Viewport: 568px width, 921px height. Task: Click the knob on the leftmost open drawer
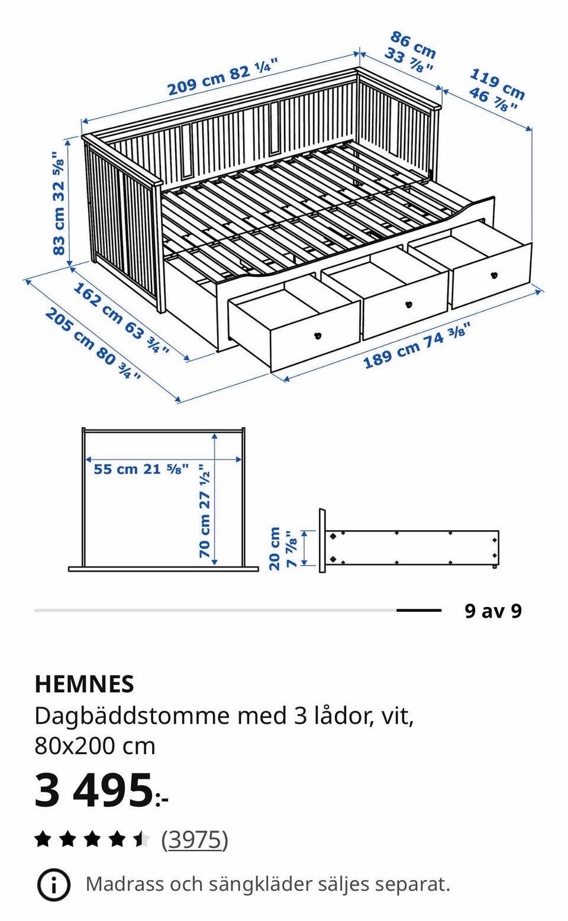tap(318, 336)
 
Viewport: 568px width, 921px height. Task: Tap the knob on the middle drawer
tap(408, 304)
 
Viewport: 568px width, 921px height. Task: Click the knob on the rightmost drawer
tap(494, 275)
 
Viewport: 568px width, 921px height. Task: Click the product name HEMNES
tap(84, 684)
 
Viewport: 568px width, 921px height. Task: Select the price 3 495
tap(93, 790)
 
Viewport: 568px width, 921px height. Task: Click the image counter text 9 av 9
tap(493, 611)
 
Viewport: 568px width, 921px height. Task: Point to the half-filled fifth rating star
tap(140, 839)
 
